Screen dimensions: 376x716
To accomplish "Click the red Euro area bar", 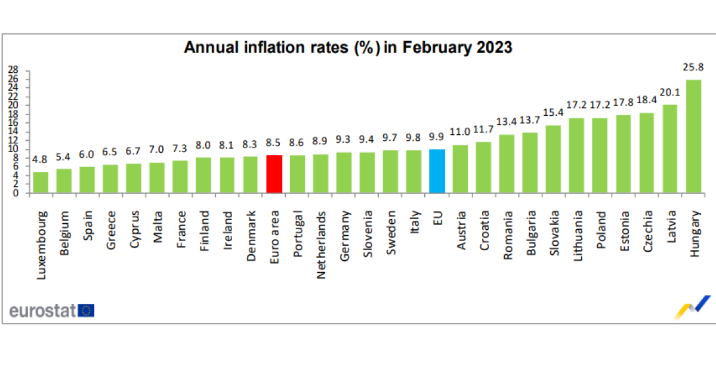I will tap(274, 174).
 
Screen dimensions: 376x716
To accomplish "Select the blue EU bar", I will tap(437, 171).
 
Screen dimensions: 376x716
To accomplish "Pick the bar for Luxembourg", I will tap(41, 182).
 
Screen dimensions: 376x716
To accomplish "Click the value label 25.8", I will tap(693, 67).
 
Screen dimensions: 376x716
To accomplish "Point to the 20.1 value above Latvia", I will tap(670, 93).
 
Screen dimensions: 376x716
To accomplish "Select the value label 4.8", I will tap(41, 160).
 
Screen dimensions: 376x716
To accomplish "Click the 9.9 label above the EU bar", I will tap(437, 137).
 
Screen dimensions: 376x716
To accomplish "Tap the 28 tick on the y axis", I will tap(12, 69).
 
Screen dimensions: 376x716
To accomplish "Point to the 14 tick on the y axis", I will tap(12, 131).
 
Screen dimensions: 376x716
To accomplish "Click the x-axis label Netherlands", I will tap(321, 238).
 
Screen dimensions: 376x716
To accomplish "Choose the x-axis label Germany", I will tap(344, 235).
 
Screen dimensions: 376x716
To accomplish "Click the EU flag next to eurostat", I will tap(86, 310).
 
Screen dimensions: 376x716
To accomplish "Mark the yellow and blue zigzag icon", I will tap(693, 307).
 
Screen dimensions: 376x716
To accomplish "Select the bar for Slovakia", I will tap(554, 159).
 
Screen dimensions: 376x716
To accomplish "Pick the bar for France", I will tap(180, 176).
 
